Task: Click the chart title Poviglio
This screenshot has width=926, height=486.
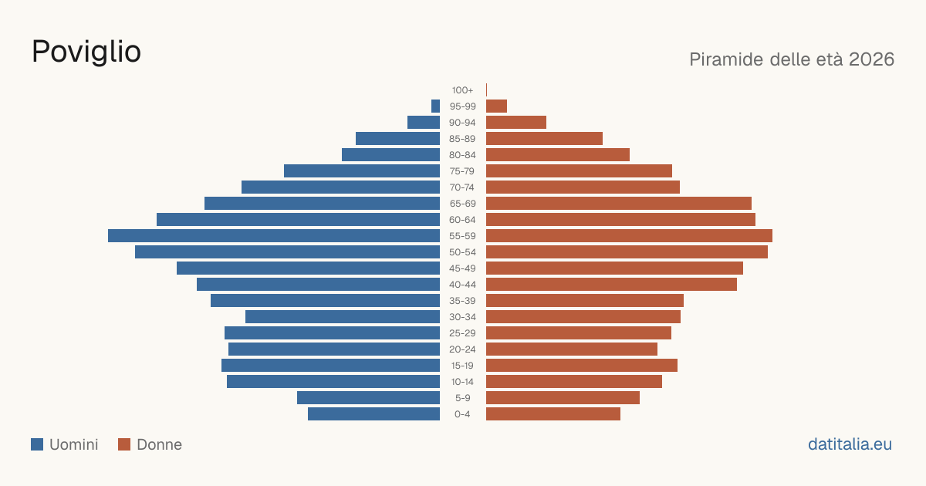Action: (86, 52)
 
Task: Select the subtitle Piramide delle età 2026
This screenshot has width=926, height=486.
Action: (792, 59)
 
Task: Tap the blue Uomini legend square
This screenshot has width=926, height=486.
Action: (37, 444)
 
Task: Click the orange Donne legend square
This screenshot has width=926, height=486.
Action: (124, 444)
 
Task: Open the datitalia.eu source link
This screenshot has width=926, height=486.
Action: (850, 444)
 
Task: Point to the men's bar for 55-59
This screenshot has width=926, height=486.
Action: (274, 235)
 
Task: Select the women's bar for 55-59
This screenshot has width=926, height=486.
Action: (629, 235)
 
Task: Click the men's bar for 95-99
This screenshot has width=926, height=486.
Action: (435, 106)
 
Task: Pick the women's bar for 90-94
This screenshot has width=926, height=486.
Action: (516, 123)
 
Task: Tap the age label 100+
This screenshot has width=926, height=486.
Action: (462, 90)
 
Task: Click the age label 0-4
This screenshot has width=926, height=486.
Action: (462, 414)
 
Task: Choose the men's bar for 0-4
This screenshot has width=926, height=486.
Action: (373, 414)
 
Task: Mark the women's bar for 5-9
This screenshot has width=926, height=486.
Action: (563, 398)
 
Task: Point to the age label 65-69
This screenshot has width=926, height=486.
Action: (462, 204)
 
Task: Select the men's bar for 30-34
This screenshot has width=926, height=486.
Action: (343, 317)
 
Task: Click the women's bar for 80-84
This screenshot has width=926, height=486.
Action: (558, 154)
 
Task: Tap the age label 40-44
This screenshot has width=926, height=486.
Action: (462, 285)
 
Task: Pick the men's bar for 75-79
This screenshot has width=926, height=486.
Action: (362, 171)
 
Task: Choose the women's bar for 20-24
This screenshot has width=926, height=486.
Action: (572, 349)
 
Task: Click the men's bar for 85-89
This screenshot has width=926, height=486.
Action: (397, 138)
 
